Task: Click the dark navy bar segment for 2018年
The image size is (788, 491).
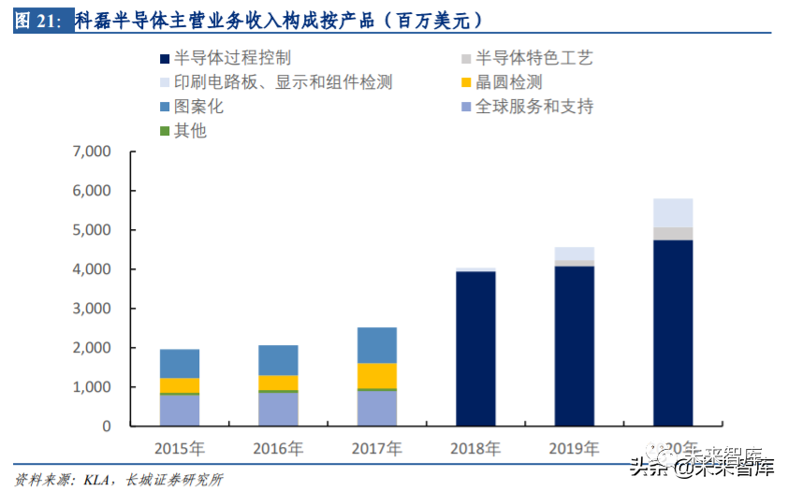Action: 475,348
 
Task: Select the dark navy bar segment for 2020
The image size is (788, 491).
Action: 673,332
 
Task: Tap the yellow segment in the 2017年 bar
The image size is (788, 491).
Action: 376,375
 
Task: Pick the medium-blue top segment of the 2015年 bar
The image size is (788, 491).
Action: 179,364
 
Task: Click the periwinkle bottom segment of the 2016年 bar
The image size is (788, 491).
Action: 278,409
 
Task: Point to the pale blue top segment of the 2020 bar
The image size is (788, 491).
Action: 673,212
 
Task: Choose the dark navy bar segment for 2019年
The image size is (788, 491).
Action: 574,345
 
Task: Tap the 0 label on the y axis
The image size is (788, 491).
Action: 106,426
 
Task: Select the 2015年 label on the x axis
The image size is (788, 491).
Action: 179,449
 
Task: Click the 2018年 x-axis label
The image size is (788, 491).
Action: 475,449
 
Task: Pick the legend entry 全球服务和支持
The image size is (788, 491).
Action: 533,107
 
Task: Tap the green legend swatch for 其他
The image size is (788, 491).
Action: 166,131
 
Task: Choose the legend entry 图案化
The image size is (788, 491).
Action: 198,107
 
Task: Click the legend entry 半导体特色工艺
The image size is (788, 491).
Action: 533,58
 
